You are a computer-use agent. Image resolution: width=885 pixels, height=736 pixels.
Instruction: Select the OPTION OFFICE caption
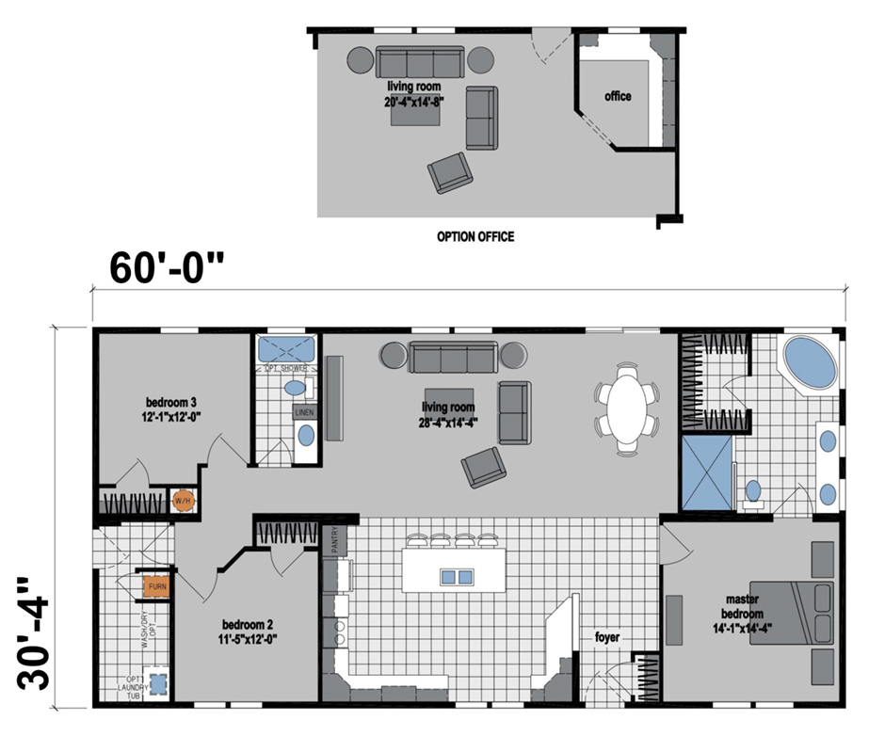pos(475,237)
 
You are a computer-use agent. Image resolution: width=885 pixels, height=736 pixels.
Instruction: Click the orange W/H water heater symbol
pos(182,501)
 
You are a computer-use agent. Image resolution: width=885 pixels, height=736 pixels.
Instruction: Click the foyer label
pos(607,637)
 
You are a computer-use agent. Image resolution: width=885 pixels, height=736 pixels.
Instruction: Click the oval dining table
pos(627,407)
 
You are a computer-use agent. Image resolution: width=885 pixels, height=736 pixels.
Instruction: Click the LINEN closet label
pos(304,412)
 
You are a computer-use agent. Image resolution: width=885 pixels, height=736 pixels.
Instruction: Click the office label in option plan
pos(619,96)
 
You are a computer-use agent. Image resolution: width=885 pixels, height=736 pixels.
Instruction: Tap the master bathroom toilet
pos(752,492)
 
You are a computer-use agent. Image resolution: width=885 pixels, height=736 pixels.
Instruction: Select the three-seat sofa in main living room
pos(453,358)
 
